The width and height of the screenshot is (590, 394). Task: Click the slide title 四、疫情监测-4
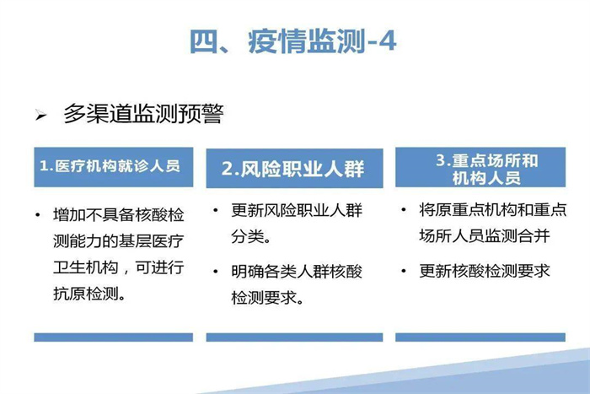(x=292, y=41)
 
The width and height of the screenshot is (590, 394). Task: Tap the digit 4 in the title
(x=387, y=42)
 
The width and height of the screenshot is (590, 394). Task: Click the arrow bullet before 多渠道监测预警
(x=40, y=115)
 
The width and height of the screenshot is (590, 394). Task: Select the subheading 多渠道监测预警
(x=144, y=113)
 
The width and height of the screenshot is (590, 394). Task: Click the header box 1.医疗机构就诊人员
(x=113, y=167)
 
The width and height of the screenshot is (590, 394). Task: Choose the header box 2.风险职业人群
(x=294, y=168)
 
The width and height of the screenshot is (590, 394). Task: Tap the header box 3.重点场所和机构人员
(x=480, y=167)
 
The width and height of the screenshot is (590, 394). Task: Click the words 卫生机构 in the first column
(x=86, y=267)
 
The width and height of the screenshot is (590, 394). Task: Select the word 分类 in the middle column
(x=247, y=236)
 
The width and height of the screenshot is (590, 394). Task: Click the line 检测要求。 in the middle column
(x=267, y=298)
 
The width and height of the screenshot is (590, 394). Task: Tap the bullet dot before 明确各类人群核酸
(x=216, y=271)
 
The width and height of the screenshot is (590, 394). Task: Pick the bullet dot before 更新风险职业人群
(x=216, y=210)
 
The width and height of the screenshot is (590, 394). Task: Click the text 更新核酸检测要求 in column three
(x=485, y=271)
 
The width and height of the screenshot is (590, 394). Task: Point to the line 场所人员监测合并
(x=485, y=235)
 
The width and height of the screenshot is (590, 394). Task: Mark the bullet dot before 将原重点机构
(x=404, y=209)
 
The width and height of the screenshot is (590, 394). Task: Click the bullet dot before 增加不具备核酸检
(x=37, y=215)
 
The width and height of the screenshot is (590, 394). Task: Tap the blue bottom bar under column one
(x=113, y=337)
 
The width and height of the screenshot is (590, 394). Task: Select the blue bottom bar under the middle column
(x=294, y=337)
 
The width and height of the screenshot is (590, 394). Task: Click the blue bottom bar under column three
(x=480, y=337)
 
